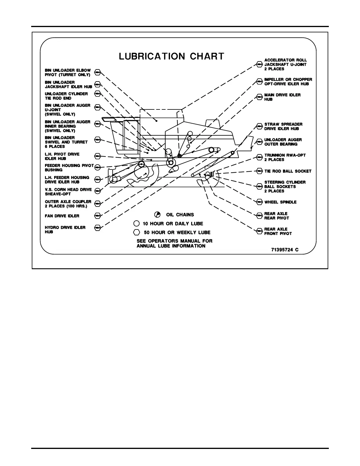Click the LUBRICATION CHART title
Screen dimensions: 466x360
[171, 56]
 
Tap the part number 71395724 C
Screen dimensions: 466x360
[284, 250]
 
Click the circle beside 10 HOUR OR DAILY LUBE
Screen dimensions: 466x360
[136, 224]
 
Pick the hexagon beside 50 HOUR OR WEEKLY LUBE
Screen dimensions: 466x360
[136, 232]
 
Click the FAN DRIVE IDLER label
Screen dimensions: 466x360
[62, 216]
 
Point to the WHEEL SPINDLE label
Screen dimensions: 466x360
[280, 202]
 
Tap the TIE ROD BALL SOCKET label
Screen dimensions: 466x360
[288, 171]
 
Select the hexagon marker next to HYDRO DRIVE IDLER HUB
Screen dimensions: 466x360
[98, 228]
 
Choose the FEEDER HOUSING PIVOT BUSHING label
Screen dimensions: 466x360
[69, 168]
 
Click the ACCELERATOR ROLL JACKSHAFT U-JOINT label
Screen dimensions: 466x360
[285, 64]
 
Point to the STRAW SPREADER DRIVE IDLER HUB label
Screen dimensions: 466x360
[283, 127]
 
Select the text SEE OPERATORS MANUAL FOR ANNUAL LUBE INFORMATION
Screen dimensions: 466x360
[174, 243]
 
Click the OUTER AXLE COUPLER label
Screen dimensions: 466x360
[68, 204]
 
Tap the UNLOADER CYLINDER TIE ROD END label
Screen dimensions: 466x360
[66, 96]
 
